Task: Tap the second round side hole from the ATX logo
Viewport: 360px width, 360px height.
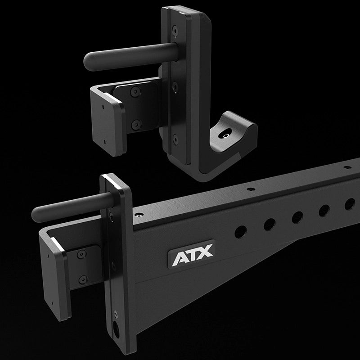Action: pos(270,224)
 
